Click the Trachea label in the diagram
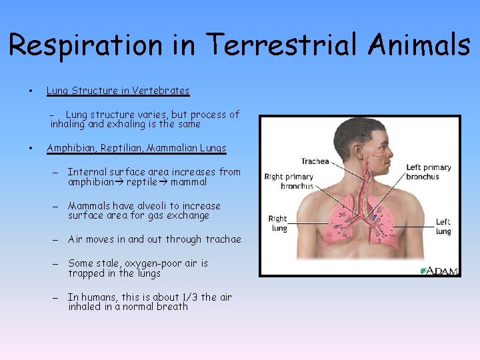315,161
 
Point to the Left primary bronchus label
429,171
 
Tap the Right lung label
278,223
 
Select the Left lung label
443,227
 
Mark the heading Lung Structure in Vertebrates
118,91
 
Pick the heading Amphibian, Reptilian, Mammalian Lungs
136,148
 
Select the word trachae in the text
223,239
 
